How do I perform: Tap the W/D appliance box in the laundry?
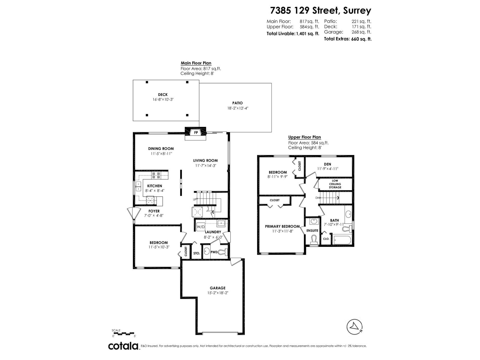pos(201,227)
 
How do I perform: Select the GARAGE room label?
pos(217,288)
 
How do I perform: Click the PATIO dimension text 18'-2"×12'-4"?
pos(238,108)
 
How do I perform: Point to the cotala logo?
pos(123,346)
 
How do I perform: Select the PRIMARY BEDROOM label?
pos(282,226)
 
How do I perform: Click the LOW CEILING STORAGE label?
pos(335,184)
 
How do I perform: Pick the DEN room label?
pos(327,164)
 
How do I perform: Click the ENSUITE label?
pos(312,230)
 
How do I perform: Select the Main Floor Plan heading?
pos(196,63)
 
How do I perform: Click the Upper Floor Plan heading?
pos(304,137)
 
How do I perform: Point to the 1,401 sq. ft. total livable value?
pos(307,34)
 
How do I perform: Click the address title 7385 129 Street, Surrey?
pos(321,10)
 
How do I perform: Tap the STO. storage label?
pos(196,253)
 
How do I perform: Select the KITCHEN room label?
pos(154,186)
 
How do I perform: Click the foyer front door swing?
pos(131,214)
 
